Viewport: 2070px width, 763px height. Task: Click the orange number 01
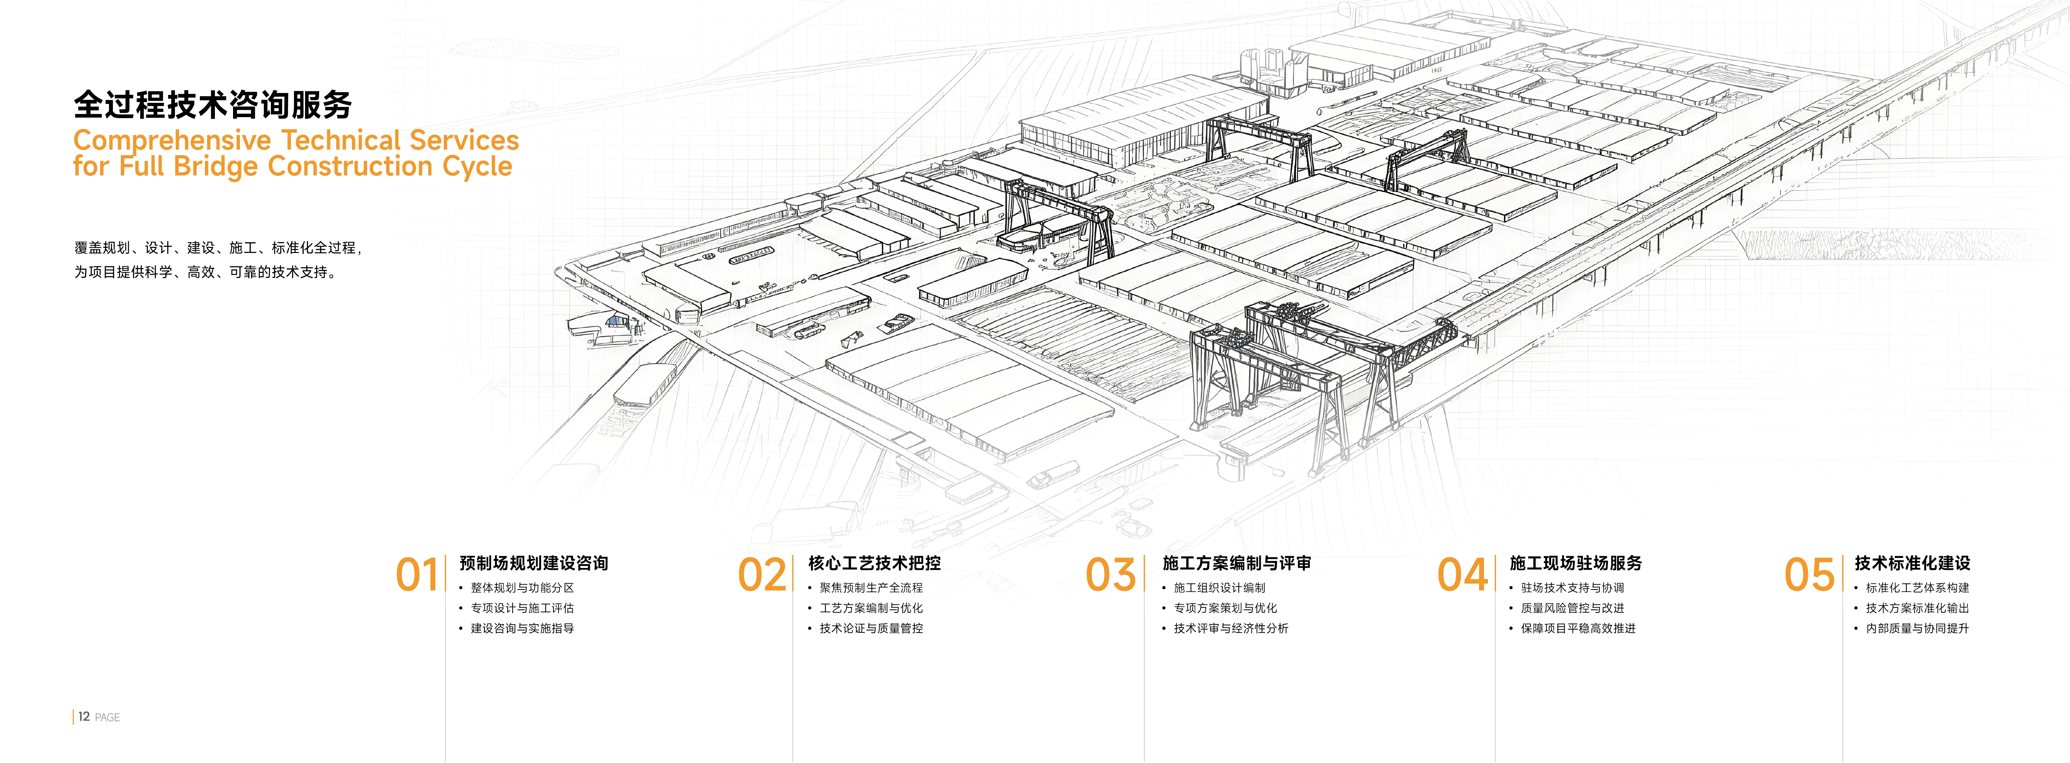point(417,575)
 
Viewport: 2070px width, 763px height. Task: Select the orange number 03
point(1110,575)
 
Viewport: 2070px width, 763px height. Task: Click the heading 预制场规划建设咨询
point(534,563)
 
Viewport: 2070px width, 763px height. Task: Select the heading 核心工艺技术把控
point(874,563)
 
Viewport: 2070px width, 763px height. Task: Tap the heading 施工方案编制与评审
point(1237,563)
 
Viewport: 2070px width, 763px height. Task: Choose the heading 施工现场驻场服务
point(1576,563)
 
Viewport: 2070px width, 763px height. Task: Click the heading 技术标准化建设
point(1913,563)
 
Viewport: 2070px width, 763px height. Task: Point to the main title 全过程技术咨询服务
point(213,105)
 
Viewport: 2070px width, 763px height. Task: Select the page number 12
point(84,716)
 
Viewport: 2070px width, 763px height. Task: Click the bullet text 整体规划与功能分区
point(522,588)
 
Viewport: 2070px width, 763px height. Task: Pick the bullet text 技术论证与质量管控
point(871,628)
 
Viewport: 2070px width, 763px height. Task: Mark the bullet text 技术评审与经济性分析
point(1231,628)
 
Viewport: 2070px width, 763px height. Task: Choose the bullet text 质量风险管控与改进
point(1573,608)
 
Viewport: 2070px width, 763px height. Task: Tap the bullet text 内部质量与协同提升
point(1917,628)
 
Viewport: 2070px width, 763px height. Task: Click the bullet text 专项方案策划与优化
point(1225,608)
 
